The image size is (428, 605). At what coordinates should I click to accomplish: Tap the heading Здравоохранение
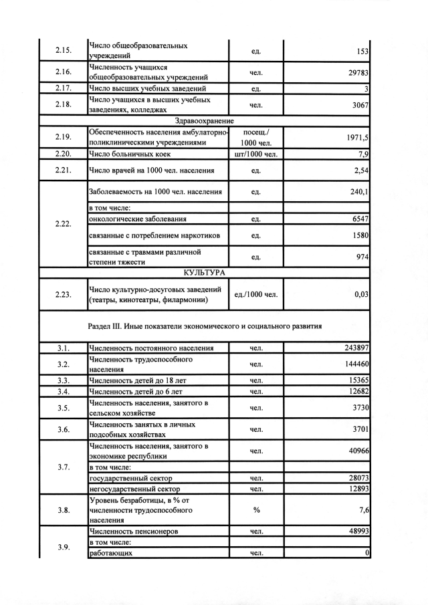click(x=204, y=120)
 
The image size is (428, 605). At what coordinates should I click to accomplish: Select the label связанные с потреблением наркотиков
click(x=154, y=236)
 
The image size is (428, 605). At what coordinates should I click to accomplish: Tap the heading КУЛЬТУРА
click(x=203, y=273)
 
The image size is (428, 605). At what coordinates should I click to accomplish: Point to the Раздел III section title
click(x=205, y=327)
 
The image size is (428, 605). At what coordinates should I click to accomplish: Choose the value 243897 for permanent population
click(x=354, y=348)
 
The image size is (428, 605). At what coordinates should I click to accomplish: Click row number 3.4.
click(x=64, y=391)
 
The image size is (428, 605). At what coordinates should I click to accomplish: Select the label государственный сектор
click(x=130, y=478)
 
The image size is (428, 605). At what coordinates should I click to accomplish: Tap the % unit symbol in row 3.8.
click(x=256, y=510)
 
